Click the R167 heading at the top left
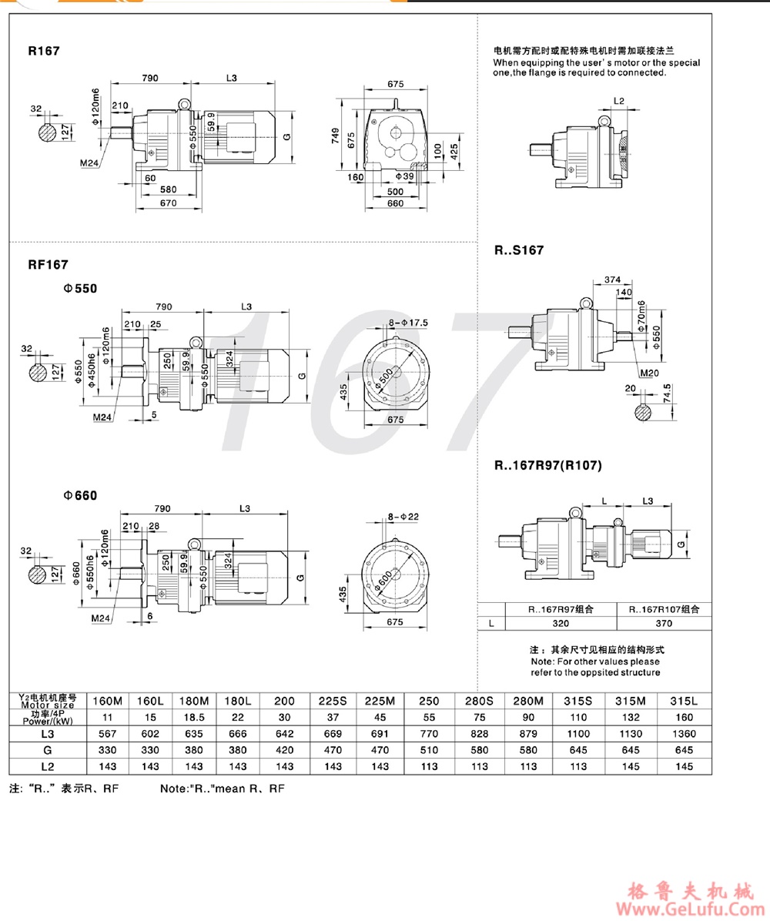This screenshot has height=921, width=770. click(x=44, y=52)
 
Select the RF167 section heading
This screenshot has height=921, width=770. click(x=49, y=264)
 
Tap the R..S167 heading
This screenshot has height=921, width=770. click(x=519, y=250)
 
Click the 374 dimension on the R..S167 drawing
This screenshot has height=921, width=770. click(x=613, y=278)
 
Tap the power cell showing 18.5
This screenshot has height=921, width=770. click(x=194, y=717)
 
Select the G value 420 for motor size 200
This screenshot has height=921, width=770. click(x=284, y=750)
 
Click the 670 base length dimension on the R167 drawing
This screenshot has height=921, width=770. click(x=169, y=203)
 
